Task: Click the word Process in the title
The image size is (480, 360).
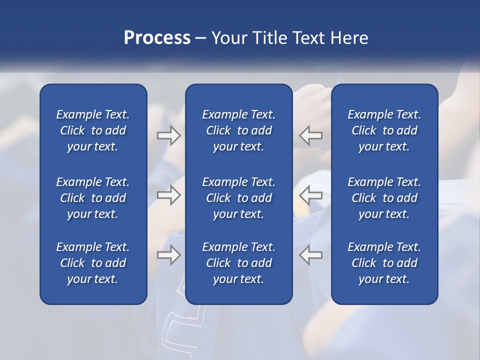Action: pos(157,38)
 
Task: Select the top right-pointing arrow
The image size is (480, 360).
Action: pos(169,135)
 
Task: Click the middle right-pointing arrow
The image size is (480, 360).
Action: pos(169,195)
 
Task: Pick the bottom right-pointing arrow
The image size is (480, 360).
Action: pos(169,255)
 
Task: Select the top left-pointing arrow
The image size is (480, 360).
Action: pos(311,135)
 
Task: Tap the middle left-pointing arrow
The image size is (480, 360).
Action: pos(311,195)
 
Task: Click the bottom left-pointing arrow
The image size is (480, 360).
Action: pos(311,255)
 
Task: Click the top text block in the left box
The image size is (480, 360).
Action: pos(93,130)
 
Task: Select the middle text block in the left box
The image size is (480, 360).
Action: pos(93,198)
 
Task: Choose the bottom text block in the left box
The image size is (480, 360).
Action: pos(93,263)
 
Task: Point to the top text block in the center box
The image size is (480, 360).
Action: pos(238,130)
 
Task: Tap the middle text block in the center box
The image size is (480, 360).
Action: pos(238,198)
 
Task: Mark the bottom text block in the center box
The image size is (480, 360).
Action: pos(238,263)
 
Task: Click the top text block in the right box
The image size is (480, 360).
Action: pos(384,130)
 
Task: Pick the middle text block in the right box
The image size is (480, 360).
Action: pos(384,198)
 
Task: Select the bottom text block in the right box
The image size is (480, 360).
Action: pos(384,263)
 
